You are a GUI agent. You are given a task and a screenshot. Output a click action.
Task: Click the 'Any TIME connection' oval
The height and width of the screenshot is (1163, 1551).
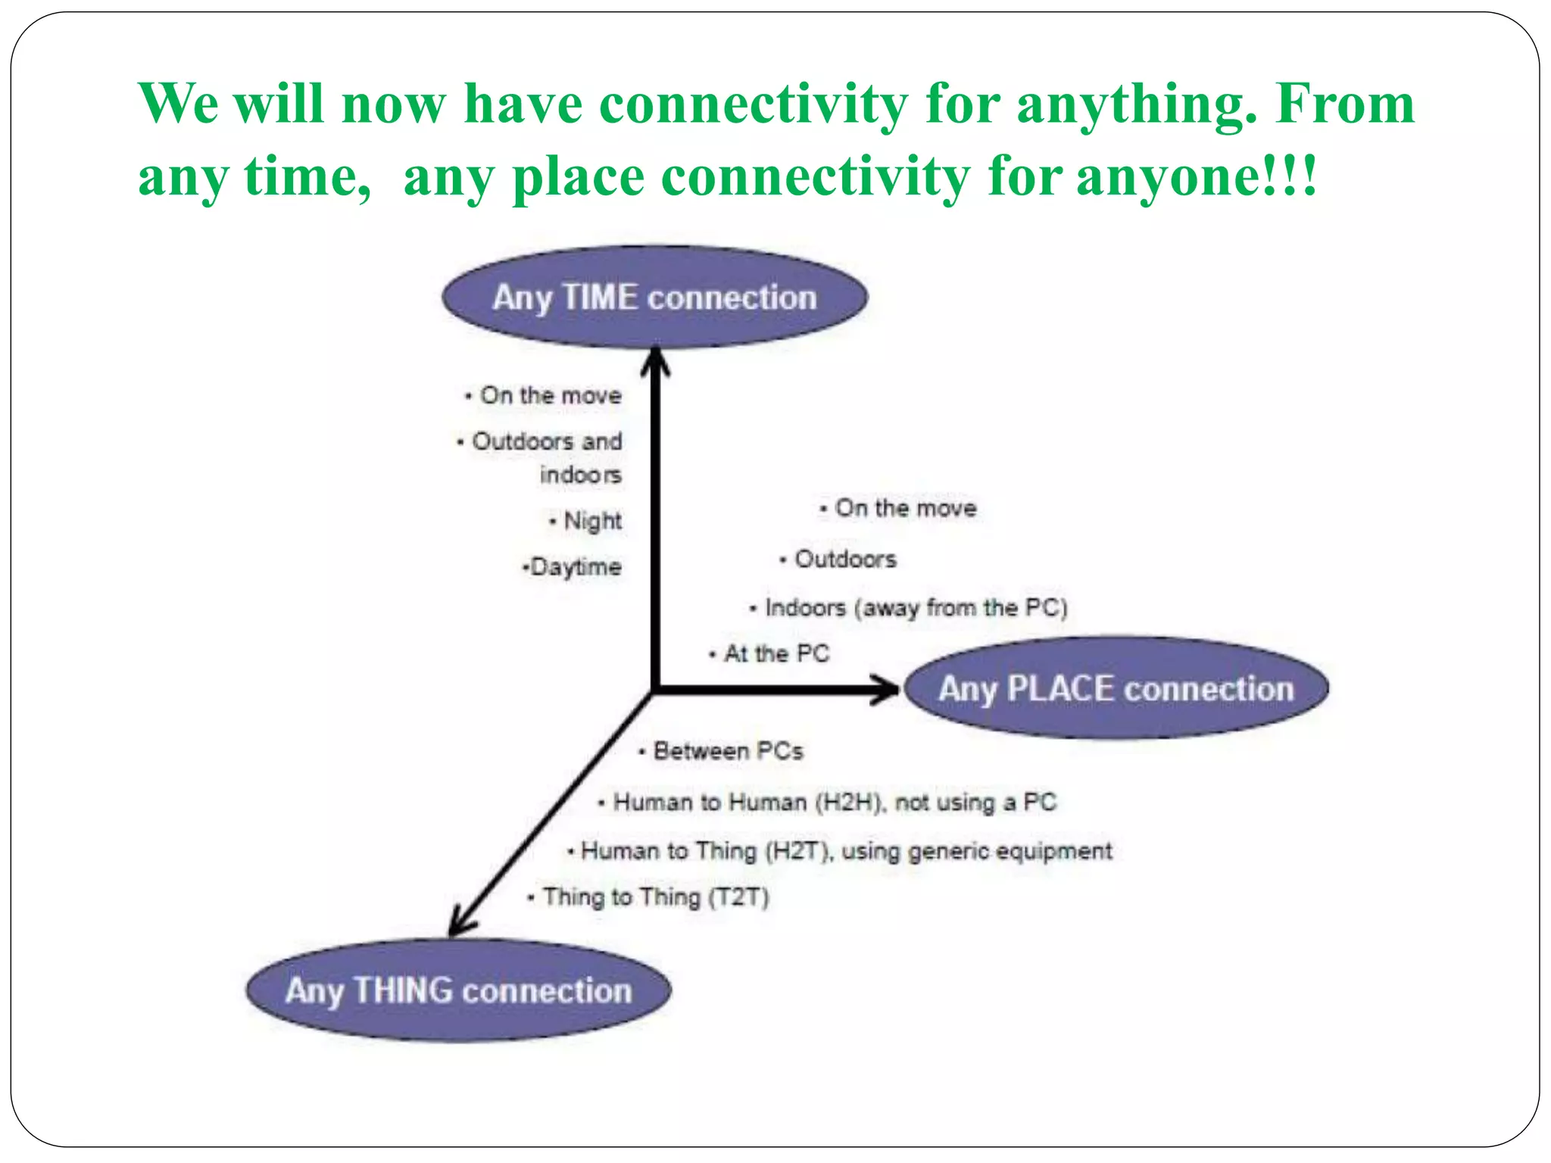click(x=654, y=298)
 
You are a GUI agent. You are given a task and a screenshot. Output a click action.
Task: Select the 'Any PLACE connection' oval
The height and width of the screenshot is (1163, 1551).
click(x=1116, y=688)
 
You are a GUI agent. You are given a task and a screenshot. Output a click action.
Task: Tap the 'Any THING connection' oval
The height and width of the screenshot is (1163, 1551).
click(x=458, y=990)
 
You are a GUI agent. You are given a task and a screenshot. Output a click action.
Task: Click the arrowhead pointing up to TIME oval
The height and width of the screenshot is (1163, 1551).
click(x=655, y=361)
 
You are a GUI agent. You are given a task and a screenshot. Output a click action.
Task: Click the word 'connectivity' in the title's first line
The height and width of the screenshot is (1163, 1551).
click(x=754, y=104)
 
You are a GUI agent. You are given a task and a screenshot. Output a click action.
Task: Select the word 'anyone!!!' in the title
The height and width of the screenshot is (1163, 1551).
click(x=1197, y=176)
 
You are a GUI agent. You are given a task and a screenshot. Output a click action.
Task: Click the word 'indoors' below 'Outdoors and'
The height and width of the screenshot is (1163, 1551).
click(x=580, y=475)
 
